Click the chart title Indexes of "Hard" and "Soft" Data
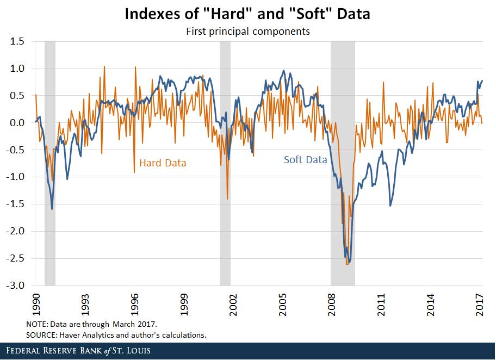pos(247,14)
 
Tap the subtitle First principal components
pos(248,31)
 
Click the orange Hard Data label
pos(163,163)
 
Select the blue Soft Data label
pos(306,160)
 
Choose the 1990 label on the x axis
pos(36,302)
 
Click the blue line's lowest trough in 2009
pos(349,262)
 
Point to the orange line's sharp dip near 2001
pos(227,199)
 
